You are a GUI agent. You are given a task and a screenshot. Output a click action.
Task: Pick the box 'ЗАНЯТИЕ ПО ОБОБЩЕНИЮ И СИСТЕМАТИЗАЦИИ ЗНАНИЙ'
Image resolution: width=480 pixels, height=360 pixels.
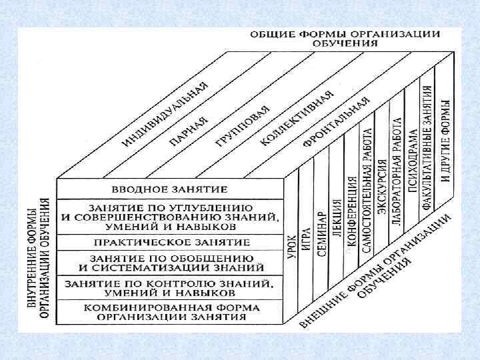tap(170, 263)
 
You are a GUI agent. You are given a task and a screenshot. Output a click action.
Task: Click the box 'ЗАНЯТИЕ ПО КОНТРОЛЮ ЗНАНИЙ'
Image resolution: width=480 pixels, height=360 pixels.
tap(170, 287)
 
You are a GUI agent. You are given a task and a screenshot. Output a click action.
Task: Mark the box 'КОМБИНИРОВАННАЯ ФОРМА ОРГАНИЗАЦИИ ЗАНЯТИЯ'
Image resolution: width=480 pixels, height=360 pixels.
tap(170, 313)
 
